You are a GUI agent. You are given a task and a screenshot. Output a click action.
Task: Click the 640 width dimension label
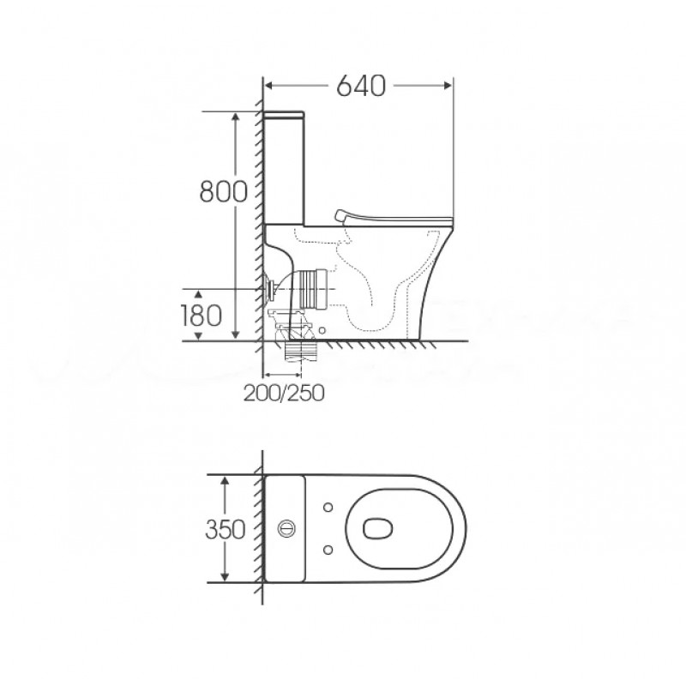click(x=361, y=86)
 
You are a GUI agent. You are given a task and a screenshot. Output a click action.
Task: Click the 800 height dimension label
click(x=223, y=191)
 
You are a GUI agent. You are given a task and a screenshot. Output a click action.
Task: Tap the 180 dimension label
click(x=202, y=316)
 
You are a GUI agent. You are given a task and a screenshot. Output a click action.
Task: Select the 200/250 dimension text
click(x=284, y=393)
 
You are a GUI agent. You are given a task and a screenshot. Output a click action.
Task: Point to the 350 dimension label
click(x=226, y=529)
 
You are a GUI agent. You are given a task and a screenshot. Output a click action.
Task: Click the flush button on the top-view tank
click(x=286, y=528)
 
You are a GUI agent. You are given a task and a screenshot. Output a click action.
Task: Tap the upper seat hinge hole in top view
click(x=328, y=508)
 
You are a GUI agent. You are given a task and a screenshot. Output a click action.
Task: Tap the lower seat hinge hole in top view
click(x=328, y=550)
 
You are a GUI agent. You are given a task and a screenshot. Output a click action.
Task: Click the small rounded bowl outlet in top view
click(x=377, y=528)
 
